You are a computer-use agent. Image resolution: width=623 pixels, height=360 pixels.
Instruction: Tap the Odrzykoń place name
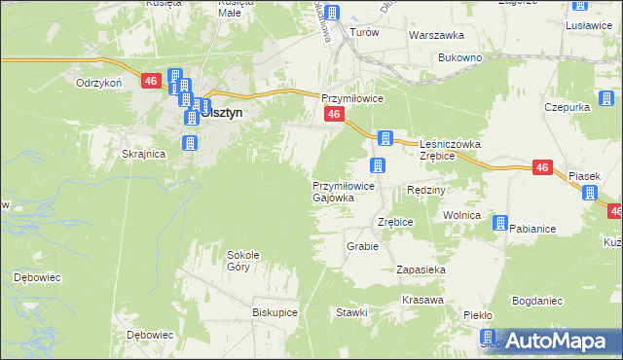point(98,83)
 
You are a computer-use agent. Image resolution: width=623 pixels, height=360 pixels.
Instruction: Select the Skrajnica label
point(144,154)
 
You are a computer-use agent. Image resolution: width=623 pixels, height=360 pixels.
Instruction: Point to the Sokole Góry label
point(244,261)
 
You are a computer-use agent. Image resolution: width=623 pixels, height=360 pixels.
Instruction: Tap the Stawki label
point(351,312)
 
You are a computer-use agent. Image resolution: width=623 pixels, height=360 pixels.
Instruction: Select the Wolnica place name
point(462,215)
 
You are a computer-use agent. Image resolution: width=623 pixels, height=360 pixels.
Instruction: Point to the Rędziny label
point(425,190)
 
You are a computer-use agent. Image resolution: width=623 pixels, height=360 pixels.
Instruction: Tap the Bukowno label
point(460,58)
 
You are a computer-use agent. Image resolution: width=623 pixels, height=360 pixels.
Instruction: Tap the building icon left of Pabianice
point(499,224)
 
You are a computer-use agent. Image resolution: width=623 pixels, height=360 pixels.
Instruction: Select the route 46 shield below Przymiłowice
point(333,115)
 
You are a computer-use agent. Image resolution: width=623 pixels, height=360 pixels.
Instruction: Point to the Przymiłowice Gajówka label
point(339,191)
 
